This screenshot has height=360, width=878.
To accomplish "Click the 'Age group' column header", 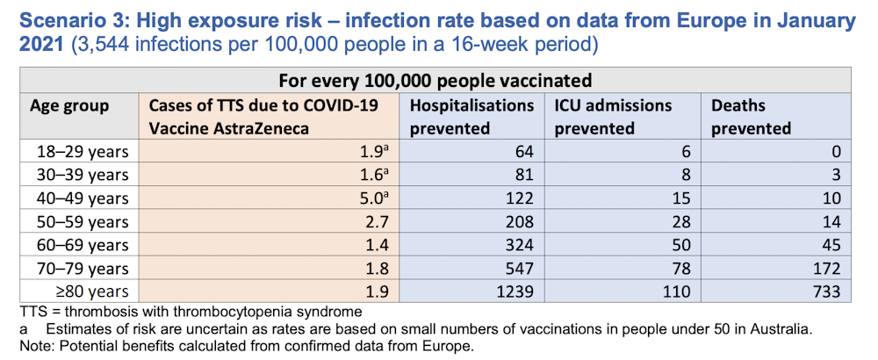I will click(x=69, y=106).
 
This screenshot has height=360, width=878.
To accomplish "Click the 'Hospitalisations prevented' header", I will click(x=471, y=117).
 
